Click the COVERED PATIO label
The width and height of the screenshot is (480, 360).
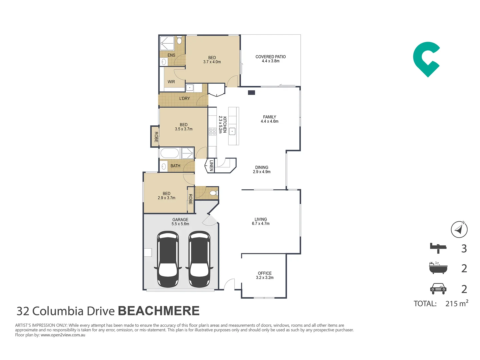point(271,57)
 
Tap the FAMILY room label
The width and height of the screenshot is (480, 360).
point(269,117)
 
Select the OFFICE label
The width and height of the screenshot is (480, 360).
point(265,273)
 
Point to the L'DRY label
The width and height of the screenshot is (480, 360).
point(185,99)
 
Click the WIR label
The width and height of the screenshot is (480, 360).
point(171,82)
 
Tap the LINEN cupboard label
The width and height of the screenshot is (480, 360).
point(211,165)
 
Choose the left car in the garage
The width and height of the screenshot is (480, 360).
point(168,259)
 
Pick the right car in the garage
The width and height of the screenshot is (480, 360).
point(199,259)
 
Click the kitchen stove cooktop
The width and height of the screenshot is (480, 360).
point(213,131)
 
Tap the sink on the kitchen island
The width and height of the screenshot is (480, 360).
point(232,131)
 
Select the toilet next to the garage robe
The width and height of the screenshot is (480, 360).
point(213,193)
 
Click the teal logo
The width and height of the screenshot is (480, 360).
point(426,59)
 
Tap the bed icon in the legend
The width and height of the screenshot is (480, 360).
point(438,248)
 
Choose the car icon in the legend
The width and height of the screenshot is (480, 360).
point(438,289)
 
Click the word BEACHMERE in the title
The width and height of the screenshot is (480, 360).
point(159,311)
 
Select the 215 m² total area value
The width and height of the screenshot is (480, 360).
point(457,303)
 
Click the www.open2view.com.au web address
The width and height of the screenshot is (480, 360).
point(63,335)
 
